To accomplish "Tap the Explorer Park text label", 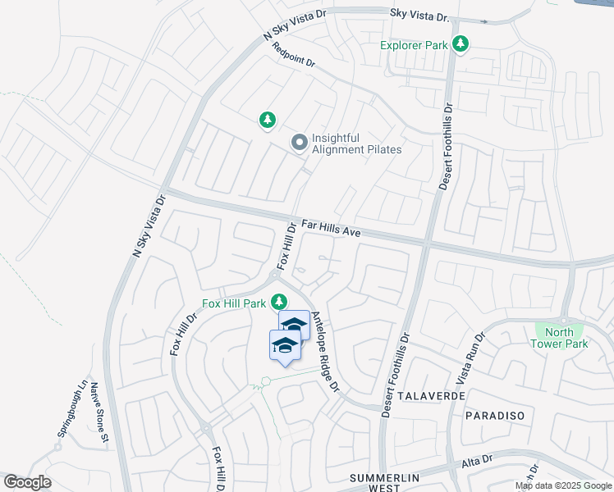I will click(415, 45).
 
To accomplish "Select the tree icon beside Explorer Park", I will click(461, 44).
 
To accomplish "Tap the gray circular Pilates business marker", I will click(300, 143).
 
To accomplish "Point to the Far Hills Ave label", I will click(331, 227).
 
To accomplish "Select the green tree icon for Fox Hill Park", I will click(279, 303).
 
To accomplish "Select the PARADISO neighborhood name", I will click(494, 416).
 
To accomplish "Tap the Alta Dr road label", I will click(476, 462).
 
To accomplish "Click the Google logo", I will click(27, 482).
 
